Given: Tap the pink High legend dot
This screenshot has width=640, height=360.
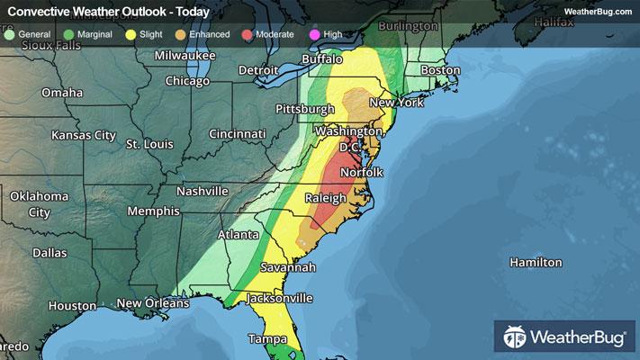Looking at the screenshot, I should tap(312, 34).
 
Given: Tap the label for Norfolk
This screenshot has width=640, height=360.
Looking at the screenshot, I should tap(362, 172).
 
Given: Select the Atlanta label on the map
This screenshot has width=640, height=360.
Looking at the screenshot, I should tap(239, 236).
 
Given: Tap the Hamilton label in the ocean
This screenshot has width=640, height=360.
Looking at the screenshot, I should tap(536, 263).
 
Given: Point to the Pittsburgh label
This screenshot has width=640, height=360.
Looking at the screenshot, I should tap(306, 109).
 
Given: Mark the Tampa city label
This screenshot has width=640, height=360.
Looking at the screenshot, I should tap(266, 339).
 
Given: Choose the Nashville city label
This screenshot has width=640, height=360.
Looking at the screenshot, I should tap(202, 192).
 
